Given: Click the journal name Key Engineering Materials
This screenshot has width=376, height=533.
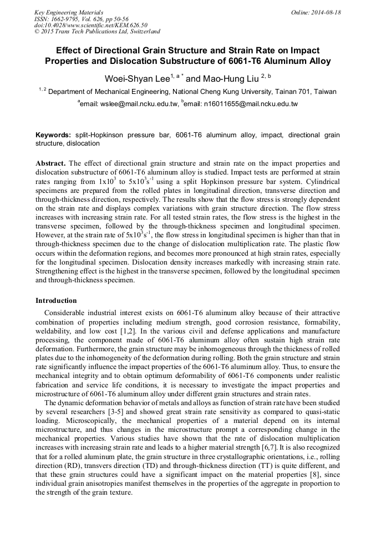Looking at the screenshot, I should [68, 12].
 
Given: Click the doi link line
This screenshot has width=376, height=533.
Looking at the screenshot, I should [90, 26].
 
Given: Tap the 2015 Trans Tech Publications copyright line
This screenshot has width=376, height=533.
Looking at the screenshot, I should [97, 32].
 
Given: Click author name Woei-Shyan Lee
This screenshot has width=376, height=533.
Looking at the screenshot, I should [138, 79].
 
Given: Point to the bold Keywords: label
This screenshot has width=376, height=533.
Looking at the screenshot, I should [53, 135].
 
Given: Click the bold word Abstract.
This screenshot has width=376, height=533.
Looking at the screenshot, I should [51, 164].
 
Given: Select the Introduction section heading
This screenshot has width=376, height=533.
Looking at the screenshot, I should [56, 301].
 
